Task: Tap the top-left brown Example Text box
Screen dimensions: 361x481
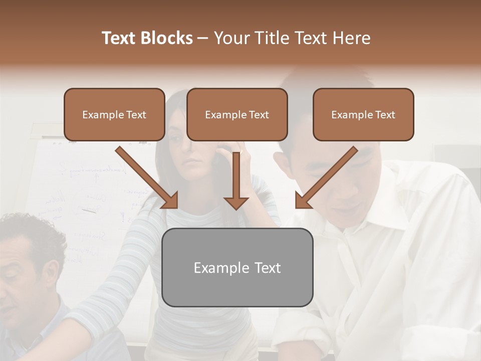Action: click(x=114, y=115)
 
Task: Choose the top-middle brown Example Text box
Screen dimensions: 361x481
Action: click(x=237, y=115)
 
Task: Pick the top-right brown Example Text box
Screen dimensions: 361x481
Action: click(x=363, y=115)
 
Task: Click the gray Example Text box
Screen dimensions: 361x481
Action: click(x=237, y=267)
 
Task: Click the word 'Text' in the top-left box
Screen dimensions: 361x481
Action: click(x=136, y=115)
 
